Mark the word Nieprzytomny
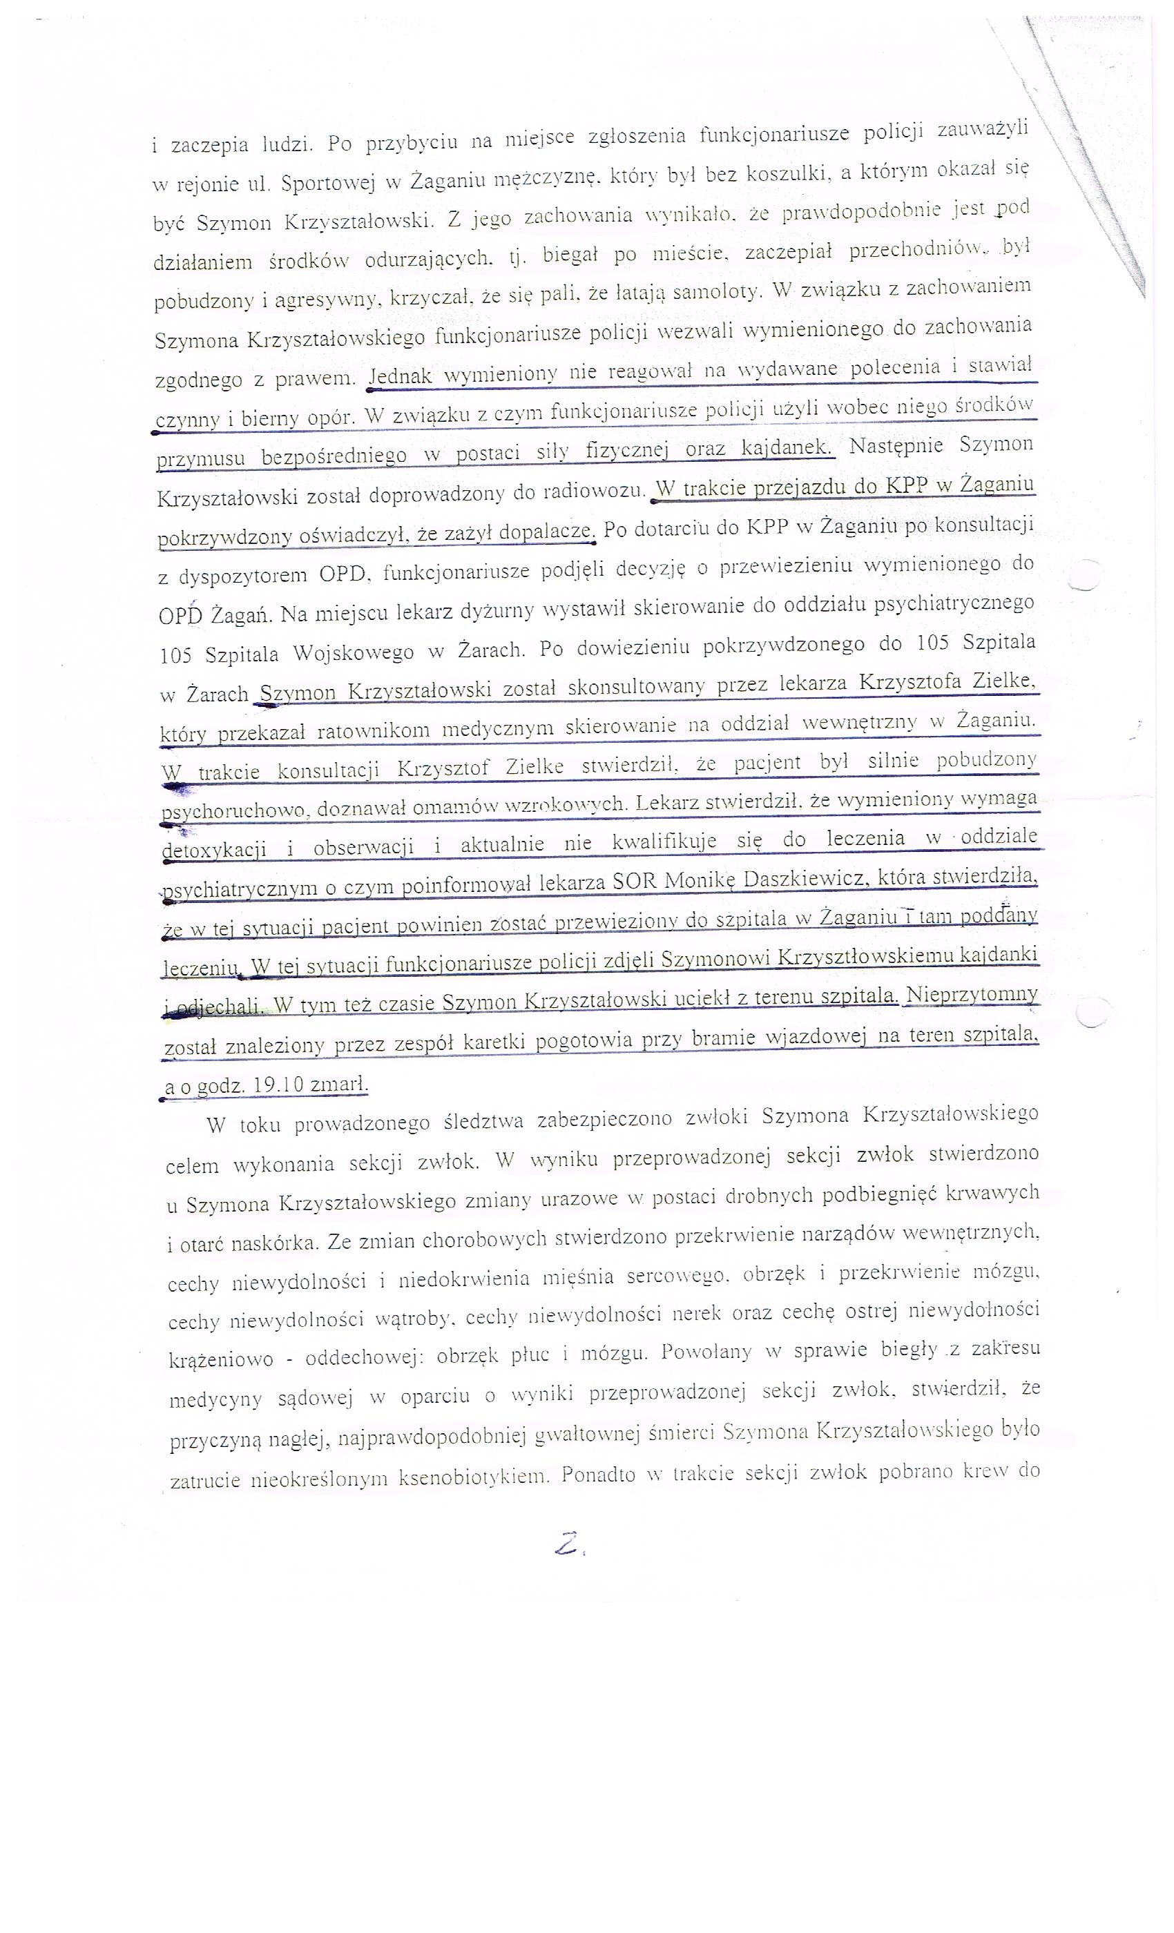(972, 995)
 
